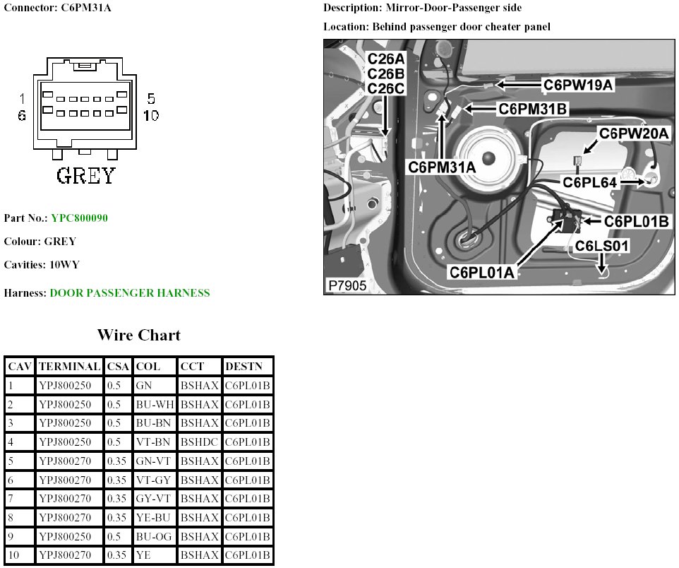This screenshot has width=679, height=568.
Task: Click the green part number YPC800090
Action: (79, 218)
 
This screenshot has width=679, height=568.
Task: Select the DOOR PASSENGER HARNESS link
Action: (130, 292)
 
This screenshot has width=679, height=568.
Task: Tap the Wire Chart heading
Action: (138, 335)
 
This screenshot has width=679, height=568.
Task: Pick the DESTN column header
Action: (244, 367)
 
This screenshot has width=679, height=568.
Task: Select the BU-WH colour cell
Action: (155, 405)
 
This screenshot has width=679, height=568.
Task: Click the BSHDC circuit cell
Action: (199, 442)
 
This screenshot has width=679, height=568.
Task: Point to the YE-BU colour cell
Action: (153, 517)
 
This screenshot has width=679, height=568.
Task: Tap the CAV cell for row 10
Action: (13, 555)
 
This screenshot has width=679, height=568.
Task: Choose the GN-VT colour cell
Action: (153, 461)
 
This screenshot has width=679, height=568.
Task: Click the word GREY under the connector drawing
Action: (85, 176)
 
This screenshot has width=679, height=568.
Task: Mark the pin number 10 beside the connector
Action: (151, 115)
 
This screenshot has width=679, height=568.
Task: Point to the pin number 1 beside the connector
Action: (23, 99)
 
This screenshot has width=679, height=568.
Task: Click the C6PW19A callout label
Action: (578, 85)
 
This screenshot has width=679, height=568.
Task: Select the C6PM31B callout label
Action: (533, 109)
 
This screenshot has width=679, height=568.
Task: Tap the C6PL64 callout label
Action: (589, 182)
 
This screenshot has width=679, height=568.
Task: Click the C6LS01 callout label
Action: (601, 246)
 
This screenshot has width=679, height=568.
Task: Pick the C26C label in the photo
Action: (386, 88)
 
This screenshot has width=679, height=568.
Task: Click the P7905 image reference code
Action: (347, 285)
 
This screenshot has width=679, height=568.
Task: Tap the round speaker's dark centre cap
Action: (488, 158)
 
